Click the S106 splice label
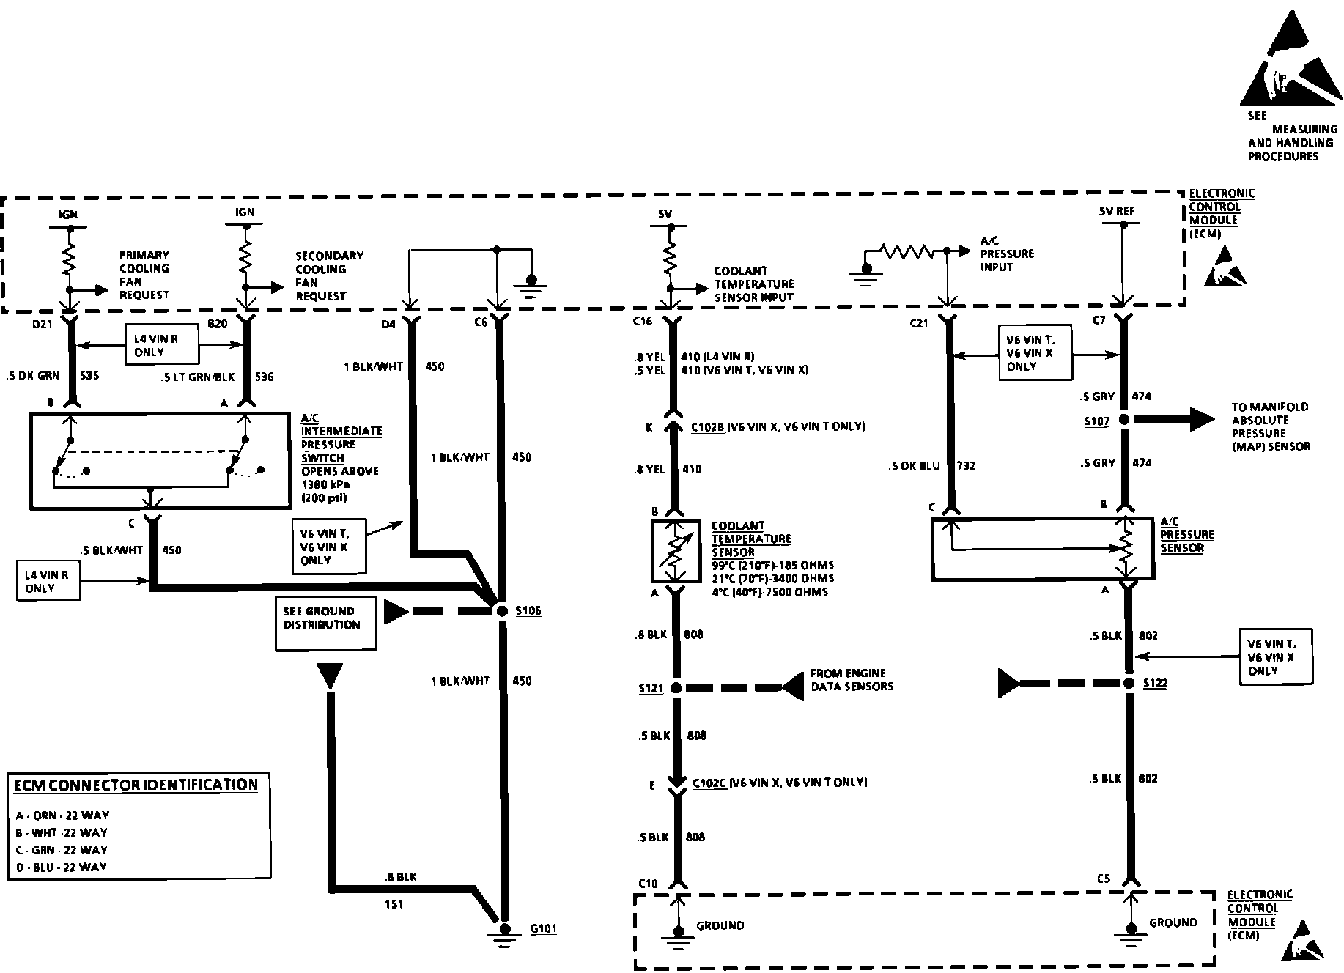click(528, 610)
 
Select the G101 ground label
click(543, 928)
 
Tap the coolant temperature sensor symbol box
click(675, 550)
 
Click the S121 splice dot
click(676, 688)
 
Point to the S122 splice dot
click(1129, 683)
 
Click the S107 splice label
click(1096, 421)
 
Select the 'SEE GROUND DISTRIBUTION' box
click(325, 623)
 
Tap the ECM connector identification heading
click(136, 785)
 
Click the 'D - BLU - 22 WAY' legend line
click(62, 867)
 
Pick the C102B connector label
click(708, 426)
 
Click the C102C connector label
click(709, 783)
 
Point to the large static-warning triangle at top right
click(1291, 62)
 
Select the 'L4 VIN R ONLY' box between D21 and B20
click(161, 344)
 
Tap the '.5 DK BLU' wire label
click(913, 466)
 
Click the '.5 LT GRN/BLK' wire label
click(198, 377)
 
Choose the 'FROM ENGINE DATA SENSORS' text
click(851, 680)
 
